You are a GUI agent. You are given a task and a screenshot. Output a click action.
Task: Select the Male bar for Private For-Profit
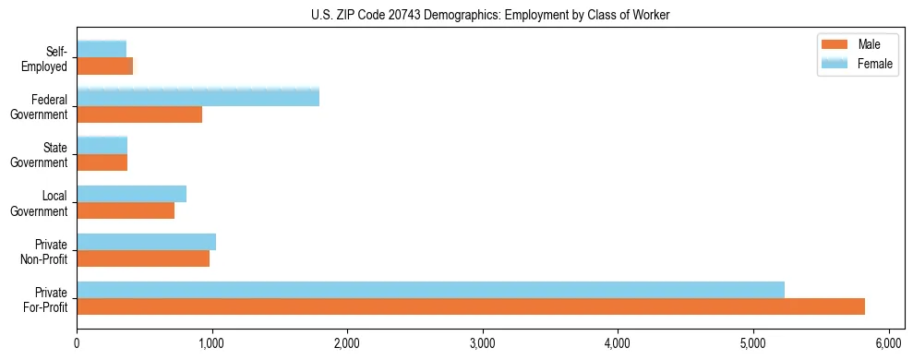[471, 306]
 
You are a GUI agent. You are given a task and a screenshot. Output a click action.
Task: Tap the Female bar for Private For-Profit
[430, 289]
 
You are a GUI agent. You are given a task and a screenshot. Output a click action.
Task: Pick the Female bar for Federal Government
[198, 97]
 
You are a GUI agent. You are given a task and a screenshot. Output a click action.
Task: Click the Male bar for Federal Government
[139, 114]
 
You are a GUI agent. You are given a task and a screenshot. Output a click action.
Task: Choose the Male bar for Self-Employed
[104, 66]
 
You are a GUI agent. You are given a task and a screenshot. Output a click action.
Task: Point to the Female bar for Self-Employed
[102, 49]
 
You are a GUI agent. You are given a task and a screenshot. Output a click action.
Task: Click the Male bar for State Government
[102, 162]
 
